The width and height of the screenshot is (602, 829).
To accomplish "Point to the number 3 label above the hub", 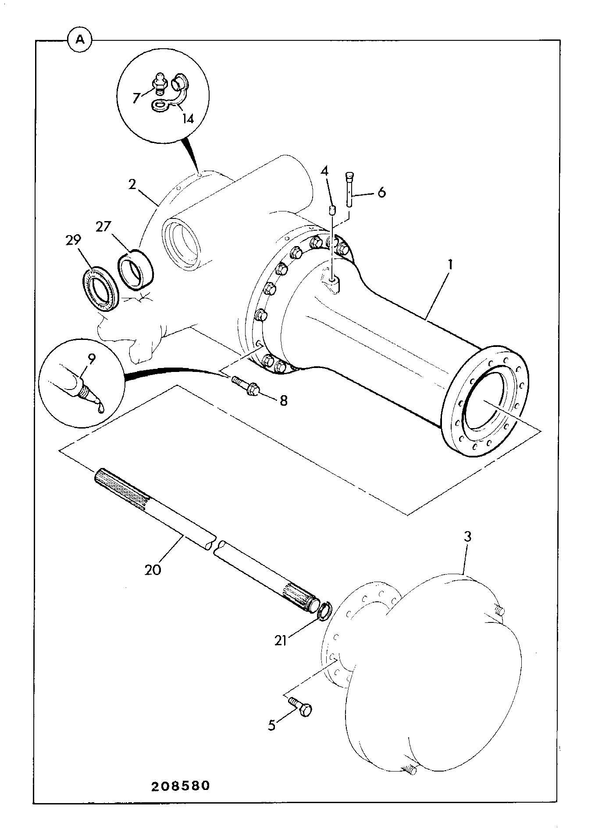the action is coord(468,537).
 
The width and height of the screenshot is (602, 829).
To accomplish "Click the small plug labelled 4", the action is coord(332,211).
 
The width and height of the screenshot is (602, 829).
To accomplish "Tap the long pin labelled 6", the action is coord(349,189).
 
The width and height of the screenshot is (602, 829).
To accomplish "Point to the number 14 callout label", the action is coord(188,118).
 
